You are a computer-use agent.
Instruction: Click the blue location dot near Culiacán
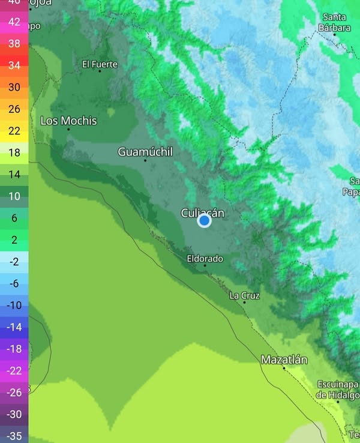[x=204, y=221]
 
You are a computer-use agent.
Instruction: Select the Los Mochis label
[x=68, y=121]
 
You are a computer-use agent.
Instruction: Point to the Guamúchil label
[x=145, y=152]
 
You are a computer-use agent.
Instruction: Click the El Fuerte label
[x=100, y=64]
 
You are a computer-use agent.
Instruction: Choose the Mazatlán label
[x=284, y=360]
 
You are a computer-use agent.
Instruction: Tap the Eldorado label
[x=205, y=259]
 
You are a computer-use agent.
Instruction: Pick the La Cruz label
[x=244, y=295]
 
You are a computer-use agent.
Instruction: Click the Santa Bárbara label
[x=335, y=22]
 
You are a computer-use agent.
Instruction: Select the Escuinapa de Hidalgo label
[x=338, y=389]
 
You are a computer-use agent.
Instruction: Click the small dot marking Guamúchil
[x=145, y=160]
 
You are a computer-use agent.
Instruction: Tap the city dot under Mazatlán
[x=284, y=368]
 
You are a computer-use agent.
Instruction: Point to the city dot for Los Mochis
[x=68, y=129]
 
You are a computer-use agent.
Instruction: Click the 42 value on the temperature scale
[x=14, y=22]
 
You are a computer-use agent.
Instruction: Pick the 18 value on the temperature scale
[x=14, y=152]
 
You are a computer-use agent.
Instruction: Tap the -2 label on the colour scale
[x=14, y=262]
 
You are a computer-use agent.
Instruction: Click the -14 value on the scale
[x=14, y=327]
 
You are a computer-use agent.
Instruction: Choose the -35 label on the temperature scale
[x=14, y=436]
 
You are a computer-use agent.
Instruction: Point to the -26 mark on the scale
[x=14, y=393]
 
